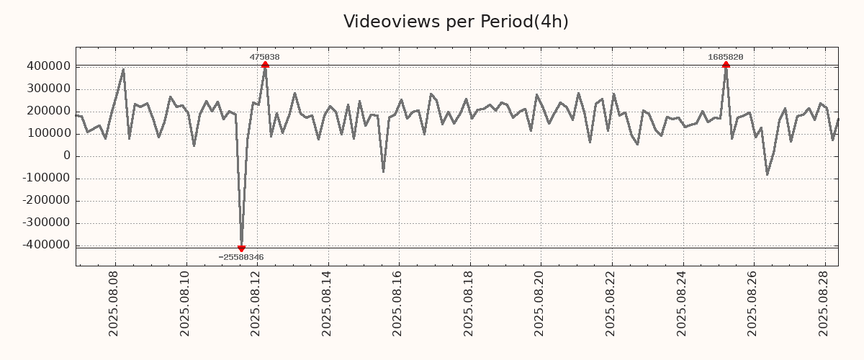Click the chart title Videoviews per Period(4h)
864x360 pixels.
pyautogui.click(x=456, y=22)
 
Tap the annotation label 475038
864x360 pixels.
pyautogui.click(x=265, y=57)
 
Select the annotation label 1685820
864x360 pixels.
pyautogui.click(x=726, y=57)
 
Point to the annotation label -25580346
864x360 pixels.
pyautogui.click(x=241, y=257)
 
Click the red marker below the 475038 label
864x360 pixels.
pyautogui.click(x=265, y=65)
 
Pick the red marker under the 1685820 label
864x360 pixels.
pyautogui.click(x=726, y=65)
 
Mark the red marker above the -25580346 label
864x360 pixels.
pyautogui.click(x=241, y=248)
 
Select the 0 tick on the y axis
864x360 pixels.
pyautogui.click(x=67, y=156)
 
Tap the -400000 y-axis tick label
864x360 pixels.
pyautogui.click(x=45, y=246)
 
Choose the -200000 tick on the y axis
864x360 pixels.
pyautogui.click(x=45, y=201)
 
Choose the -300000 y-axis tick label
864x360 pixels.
pyautogui.click(x=45, y=223)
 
